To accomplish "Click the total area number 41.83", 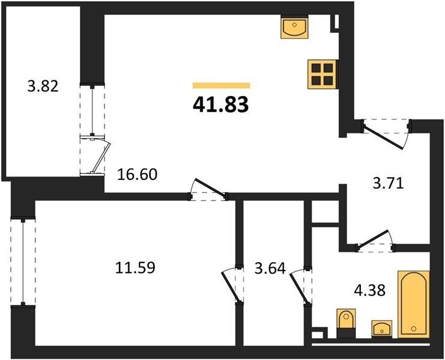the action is pyautogui.click(x=221, y=104).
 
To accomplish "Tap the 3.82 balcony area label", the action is pyautogui.click(x=43, y=86).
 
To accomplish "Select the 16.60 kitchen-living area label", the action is pyautogui.click(x=137, y=175).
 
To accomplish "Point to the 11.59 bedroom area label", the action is pyautogui.click(x=135, y=268).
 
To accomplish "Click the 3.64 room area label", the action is pyautogui.click(x=270, y=268).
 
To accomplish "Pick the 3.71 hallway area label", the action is pyautogui.click(x=388, y=184).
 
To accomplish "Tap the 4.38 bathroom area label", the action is pyautogui.click(x=370, y=290).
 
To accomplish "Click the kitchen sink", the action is pyautogui.click(x=294, y=26).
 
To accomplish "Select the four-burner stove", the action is pyautogui.click(x=323, y=74).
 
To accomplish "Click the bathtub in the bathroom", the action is pyautogui.click(x=414, y=304).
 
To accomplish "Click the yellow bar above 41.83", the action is pyautogui.click(x=221, y=85).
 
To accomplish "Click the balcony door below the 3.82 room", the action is pyautogui.click(x=95, y=155).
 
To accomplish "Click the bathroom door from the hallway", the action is pyautogui.click(x=375, y=241).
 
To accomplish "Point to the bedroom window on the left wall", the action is pyautogui.click(x=23, y=262).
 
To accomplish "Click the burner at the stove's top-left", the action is pyautogui.click(x=316, y=68).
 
